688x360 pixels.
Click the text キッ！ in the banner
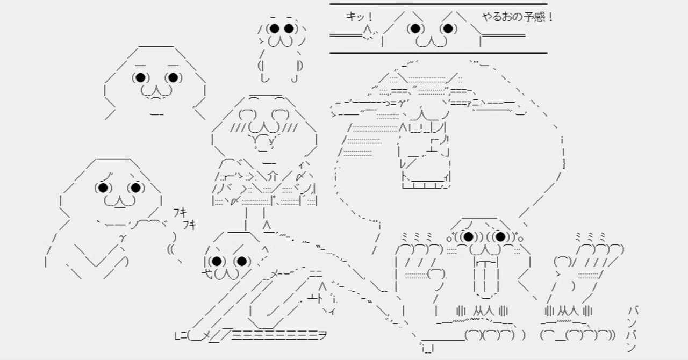click(x=360, y=17)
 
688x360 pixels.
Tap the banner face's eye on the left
click(x=415, y=28)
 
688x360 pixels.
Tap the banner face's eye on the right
click(x=448, y=28)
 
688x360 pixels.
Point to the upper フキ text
click(x=180, y=213)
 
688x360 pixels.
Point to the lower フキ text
click(x=190, y=225)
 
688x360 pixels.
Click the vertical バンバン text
click(x=632, y=329)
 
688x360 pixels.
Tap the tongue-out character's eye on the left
click(x=468, y=237)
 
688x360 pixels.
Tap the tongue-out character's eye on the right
click(x=500, y=237)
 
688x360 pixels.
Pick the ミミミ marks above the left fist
click(x=417, y=237)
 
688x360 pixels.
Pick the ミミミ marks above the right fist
click(x=591, y=237)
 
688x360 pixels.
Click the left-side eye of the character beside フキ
click(x=103, y=188)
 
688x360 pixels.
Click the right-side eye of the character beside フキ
click(x=136, y=188)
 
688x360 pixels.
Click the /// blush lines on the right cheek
click(x=289, y=127)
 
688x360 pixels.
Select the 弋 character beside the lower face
click(x=207, y=273)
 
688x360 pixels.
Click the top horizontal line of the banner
click(x=438, y=4)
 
